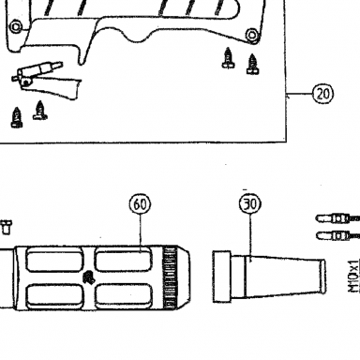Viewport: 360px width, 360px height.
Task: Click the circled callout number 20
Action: [x=323, y=94]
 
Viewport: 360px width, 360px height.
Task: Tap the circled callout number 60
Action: [x=140, y=204]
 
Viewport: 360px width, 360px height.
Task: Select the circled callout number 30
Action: [x=250, y=204]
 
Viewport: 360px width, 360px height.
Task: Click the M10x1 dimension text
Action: [x=354, y=277]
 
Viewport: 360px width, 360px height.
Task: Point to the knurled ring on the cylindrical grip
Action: [x=169, y=277]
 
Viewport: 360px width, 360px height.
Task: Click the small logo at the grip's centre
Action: [x=89, y=277]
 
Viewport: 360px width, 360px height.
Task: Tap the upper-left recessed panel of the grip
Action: [x=54, y=260]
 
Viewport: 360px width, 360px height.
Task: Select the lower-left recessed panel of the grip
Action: [x=54, y=295]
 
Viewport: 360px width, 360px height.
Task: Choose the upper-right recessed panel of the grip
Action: [x=123, y=259]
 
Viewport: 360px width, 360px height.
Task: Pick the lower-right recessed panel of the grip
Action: [x=124, y=295]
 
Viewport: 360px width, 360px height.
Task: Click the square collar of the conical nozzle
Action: [x=222, y=277]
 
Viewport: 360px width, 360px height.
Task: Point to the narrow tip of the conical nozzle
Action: [x=323, y=277]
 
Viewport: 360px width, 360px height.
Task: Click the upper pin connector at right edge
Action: [x=337, y=218]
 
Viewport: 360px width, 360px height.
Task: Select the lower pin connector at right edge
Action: [x=337, y=235]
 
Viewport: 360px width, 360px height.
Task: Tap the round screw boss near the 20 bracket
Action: [x=252, y=35]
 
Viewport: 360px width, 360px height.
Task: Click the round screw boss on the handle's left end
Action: [x=16, y=26]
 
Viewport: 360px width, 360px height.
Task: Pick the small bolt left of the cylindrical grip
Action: [x=6, y=227]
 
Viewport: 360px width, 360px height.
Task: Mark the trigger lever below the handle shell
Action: [x=47, y=82]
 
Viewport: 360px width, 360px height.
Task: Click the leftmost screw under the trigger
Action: [x=17, y=117]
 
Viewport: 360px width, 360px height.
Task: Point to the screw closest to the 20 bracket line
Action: [x=252, y=64]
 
